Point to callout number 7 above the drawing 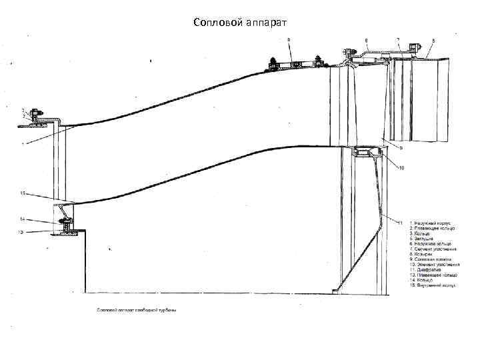(x=398, y=40)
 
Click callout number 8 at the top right (x=433, y=41)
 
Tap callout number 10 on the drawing (x=401, y=168)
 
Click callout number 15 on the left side (x=22, y=193)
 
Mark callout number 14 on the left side (x=22, y=219)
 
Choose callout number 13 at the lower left (x=21, y=231)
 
